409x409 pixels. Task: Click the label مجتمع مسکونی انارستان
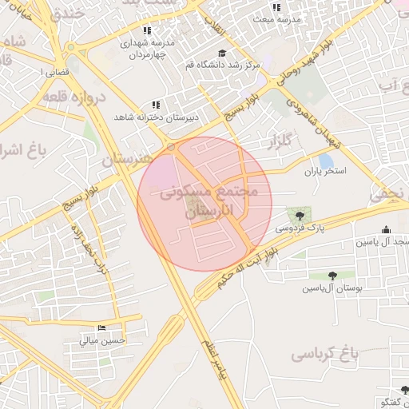214,201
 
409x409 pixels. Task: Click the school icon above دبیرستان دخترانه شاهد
156,105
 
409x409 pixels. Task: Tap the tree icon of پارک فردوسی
300,216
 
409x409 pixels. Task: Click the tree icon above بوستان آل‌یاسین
332,276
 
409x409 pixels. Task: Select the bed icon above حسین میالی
101,328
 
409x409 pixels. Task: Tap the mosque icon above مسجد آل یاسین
387,229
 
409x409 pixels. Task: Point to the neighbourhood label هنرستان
126,159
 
